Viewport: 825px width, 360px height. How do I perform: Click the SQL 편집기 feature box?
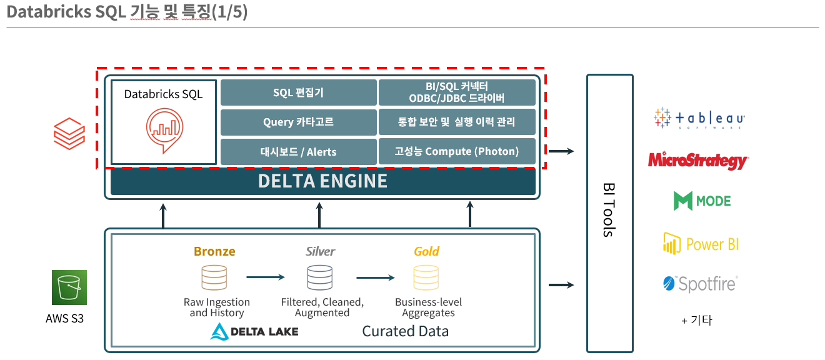coord(299,92)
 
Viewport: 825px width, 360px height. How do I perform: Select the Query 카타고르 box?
coord(299,122)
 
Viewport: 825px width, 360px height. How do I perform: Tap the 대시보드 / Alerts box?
coord(299,152)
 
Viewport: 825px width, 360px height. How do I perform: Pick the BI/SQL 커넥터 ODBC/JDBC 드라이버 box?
coord(457,92)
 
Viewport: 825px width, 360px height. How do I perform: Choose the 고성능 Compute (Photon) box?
coord(457,152)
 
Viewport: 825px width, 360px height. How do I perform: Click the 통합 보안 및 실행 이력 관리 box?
coord(457,122)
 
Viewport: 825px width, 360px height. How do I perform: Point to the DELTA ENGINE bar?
coord(322,181)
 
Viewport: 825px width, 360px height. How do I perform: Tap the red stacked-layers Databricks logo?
coord(69,132)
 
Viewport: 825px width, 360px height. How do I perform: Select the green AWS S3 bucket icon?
coord(69,287)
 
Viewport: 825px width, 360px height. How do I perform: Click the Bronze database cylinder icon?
coord(214,277)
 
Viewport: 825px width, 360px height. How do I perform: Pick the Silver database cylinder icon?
coord(319,277)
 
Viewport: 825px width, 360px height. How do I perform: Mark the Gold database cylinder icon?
coord(427,277)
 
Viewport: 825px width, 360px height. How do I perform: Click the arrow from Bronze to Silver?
coord(266,277)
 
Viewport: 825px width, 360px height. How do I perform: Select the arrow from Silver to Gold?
coord(375,277)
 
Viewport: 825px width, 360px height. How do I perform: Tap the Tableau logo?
coord(699,118)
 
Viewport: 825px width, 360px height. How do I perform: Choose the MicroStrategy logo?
coord(698,160)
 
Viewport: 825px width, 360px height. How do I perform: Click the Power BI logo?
coord(701,244)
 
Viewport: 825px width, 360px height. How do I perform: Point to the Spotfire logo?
coord(700,284)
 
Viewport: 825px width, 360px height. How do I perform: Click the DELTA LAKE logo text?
coord(254,331)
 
